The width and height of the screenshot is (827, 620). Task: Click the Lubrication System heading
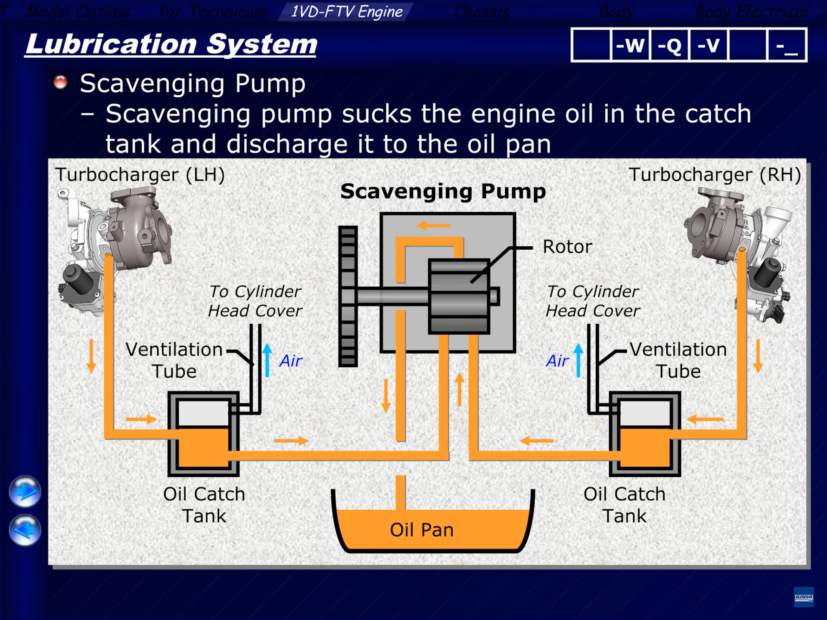[x=171, y=44]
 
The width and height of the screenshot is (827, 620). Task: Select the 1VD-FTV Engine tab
[x=346, y=12]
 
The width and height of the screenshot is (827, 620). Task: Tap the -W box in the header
[x=630, y=45]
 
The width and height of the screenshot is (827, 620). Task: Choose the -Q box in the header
[x=669, y=45]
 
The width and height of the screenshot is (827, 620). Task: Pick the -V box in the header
[x=708, y=45]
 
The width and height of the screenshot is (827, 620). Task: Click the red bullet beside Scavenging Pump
[x=60, y=82]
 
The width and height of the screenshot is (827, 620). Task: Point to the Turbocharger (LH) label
[x=140, y=175]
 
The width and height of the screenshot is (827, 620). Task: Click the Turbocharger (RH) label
[x=715, y=175]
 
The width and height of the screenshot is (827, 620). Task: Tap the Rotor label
[x=567, y=247]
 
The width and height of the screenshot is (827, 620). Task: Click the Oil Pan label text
[x=422, y=530]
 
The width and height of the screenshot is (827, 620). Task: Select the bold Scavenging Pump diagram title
[x=443, y=191]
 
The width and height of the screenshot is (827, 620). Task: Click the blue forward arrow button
[x=25, y=491]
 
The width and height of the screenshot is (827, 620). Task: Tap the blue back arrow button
[x=25, y=530]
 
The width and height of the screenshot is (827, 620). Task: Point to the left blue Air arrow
[x=267, y=360]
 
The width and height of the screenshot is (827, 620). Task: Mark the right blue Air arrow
[x=578, y=360]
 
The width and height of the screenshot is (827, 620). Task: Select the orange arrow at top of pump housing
[x=433, y=225]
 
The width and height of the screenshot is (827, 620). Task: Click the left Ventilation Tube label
[x=174, y=360]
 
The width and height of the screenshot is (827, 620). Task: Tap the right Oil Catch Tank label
[x=624, y=505]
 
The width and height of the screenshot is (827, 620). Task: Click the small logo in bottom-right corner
[x=804, y=597]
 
